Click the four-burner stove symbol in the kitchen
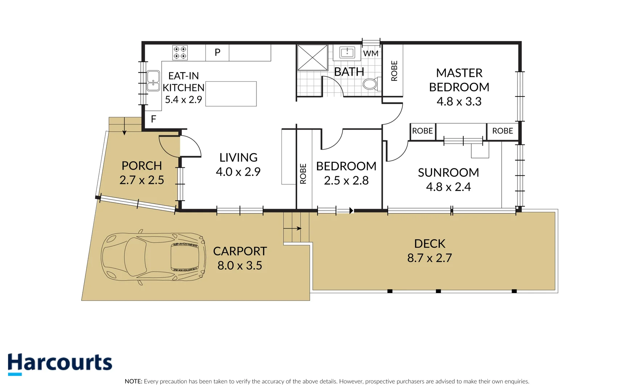point(180,53)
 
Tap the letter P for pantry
point(217,52)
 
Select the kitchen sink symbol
point(153,81)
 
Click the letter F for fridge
point(153,119)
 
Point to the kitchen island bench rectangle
point(231,94)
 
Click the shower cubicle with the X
point(312,57)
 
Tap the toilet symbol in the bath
point(370,84)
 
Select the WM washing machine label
point(370,53)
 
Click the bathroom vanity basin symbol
point(347,52)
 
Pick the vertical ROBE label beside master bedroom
point(394,71)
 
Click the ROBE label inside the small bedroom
point(303,173)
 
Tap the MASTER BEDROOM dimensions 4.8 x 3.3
point(459,101)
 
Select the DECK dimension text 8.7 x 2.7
point(429,258)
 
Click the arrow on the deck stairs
point(293,228)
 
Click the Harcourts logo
point(60,363)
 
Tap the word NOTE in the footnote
point(133,381)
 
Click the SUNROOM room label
point(448,172)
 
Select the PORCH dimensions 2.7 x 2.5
point(141,180)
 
